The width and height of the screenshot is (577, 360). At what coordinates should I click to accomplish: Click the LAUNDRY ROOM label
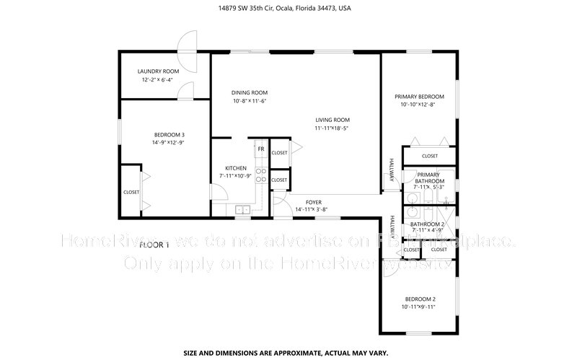coord(158,71)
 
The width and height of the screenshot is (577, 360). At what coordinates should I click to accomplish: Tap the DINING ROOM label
coord(250,92)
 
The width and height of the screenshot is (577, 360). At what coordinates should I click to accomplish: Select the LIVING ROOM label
coord(332,120)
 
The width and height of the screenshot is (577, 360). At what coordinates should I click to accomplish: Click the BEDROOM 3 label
coord(169,135)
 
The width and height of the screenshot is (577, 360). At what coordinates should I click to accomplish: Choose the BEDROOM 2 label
coord(419,299)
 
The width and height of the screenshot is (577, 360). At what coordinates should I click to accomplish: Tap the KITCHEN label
coord(236,168)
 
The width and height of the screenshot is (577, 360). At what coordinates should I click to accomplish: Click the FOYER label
coord(313,202)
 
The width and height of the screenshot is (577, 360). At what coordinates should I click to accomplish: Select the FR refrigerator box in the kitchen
coord(260,149)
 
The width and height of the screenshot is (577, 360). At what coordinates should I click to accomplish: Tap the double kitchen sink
coord(243,210)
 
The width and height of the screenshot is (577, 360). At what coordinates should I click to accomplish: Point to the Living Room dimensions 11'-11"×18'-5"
coord(332,128)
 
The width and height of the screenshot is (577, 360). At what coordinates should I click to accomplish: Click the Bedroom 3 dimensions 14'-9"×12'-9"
coord(169,143)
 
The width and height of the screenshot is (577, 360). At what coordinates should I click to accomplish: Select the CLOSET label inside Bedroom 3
coord(131,192)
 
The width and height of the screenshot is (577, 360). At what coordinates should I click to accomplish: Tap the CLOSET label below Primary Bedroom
coord(429,156)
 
